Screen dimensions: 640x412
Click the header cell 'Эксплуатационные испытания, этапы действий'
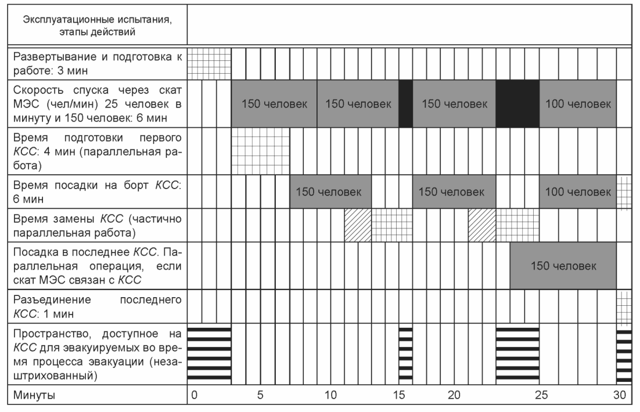click(97, 26)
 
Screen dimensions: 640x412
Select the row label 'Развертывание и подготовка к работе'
click(97, 63)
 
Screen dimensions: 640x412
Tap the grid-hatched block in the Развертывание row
click(210, 64)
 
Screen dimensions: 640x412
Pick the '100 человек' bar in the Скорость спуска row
click(578, 104)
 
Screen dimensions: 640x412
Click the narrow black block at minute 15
click(406, 104)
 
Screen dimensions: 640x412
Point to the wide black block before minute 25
click(517, 104)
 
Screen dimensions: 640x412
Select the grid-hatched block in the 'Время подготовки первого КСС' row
click(260, 151)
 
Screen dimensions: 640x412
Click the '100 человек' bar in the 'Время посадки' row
click(578, 191)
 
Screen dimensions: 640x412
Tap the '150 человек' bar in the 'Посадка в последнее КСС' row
click(563, 266)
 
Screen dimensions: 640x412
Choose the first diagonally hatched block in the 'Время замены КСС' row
click(358, 226)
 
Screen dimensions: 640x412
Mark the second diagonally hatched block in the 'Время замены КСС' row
click(482, 226)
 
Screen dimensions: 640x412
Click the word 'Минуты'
click(34, 395)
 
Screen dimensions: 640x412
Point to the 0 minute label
click(195, 395)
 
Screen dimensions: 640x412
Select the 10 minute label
click(330, 395)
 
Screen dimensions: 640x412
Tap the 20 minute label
click(454, 395)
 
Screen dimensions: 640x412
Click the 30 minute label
click(620, 395)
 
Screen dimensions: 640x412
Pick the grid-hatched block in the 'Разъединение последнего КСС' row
click(624, 307)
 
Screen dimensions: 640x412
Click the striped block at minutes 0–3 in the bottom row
click(210, 354)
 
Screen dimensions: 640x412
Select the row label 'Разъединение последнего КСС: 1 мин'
click(97, 307)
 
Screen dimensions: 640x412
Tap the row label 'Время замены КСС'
click(97, 226)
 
